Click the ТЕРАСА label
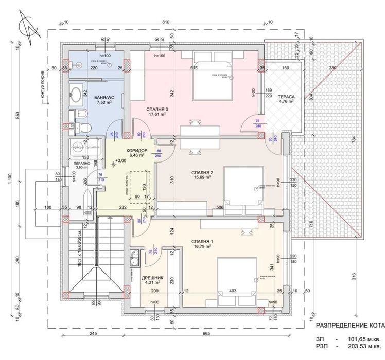[x=286, y=96]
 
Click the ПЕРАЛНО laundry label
[x=79, y=163]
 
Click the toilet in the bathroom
[x=84, y=125]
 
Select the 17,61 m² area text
[x=160, y=115]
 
